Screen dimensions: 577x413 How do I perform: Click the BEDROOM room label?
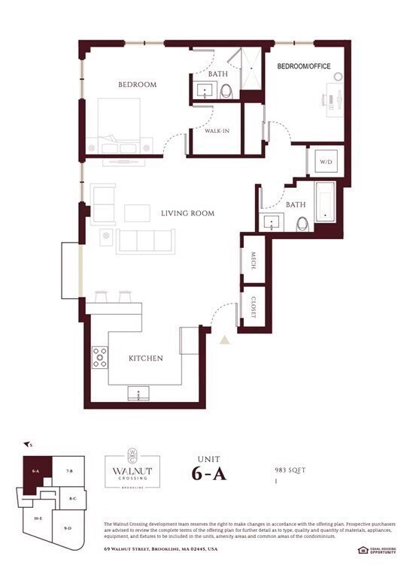tap(137, 85)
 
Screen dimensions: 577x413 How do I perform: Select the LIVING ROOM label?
tap(187, 213)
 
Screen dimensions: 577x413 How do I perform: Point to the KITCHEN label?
tap(145, 358)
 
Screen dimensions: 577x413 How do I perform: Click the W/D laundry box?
tap(326, 162)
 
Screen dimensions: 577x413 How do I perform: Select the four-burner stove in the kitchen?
tap(99, 358)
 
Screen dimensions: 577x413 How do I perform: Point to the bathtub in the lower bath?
tap(325, 202)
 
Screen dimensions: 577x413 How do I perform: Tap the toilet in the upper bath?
tap(226, 92)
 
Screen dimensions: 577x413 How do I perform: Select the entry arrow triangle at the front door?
tap(223, 340)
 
